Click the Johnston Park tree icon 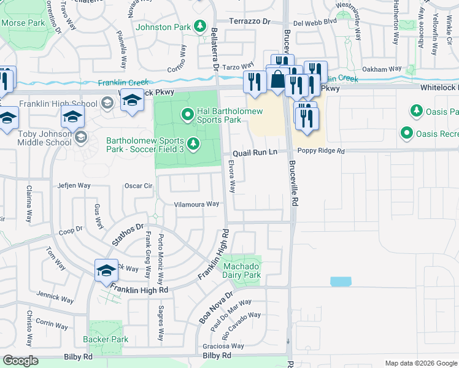pyautogui.click(x=199, y=26)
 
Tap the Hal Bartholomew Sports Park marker pyautogui.click(x=188, y=114)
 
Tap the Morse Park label pyautogui.click(x=23, y=23)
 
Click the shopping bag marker pyautogui.click(x=278, y=80)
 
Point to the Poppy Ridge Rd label pyautogui.click(x=319, y=151)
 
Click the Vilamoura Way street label pyautogui.click(x=196, y=204)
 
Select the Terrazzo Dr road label pyautogui.click(x=250, y=21)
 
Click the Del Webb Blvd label pyautogui.click(x=315, y=21)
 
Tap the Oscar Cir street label pyautogui.click(x=138, y=186)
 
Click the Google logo pyautogui.click(x=20, y=361)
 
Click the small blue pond pyautogui.click(x=341, y=282)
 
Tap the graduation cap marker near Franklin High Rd pyautogui.click(x=106, y=270)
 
